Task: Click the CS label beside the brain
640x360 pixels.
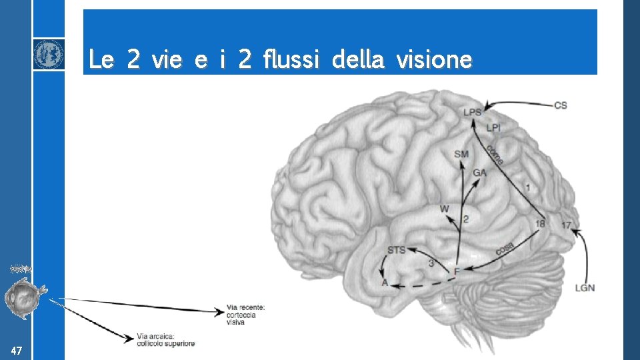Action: point(561,105)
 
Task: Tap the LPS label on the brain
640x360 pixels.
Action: point(472,113)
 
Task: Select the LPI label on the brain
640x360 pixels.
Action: point(493,127)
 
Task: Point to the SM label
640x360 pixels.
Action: point(461,155)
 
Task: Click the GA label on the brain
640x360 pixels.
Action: point(479,173)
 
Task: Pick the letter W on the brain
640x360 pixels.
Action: point(445,209)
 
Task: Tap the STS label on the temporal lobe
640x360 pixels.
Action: point(396,251)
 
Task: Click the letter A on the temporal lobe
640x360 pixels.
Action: point(385,283)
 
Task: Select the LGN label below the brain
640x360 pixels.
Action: point(585,288)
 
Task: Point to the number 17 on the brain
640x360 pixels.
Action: point(566,225)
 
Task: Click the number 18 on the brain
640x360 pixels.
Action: point(540,224)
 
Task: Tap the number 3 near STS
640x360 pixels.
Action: point(431,263)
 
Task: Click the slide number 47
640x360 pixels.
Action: point(17,351)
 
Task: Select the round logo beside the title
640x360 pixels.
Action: point(49,54)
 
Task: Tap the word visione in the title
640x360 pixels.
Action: point(434,61)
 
